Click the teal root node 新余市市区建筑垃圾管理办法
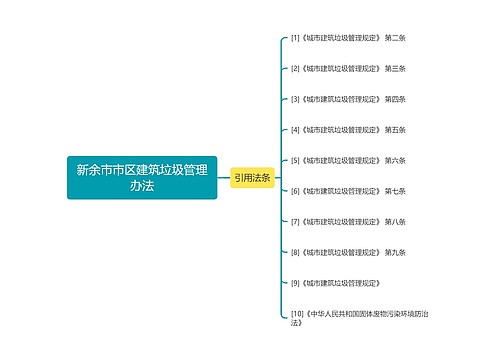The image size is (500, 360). coord(142,177)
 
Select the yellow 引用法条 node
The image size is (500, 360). coord(252,177)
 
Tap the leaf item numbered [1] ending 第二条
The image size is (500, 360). coord(347,38)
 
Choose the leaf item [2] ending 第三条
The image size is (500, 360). coord(347,68)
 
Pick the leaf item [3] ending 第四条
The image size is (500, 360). coord(347,99)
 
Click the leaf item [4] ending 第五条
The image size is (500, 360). coord(347,129)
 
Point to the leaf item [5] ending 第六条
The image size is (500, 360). coord(347,160)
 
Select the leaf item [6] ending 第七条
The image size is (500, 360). coord(347,190)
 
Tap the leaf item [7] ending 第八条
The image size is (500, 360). coord(347,221)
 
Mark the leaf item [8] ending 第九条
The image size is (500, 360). coord(347,251)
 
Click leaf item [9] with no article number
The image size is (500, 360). coord(334,282)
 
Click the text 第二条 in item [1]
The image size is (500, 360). coord(395,38)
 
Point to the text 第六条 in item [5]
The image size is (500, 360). coord(395,160)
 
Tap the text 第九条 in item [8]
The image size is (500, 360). coord(395,251)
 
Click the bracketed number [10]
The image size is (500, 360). coord(297,313)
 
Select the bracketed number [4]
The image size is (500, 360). coord(295,129)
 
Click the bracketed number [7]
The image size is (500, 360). coord(295,221)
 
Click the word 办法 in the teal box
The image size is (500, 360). coord(142,187)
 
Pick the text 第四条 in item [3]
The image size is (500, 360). coord(395,99)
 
